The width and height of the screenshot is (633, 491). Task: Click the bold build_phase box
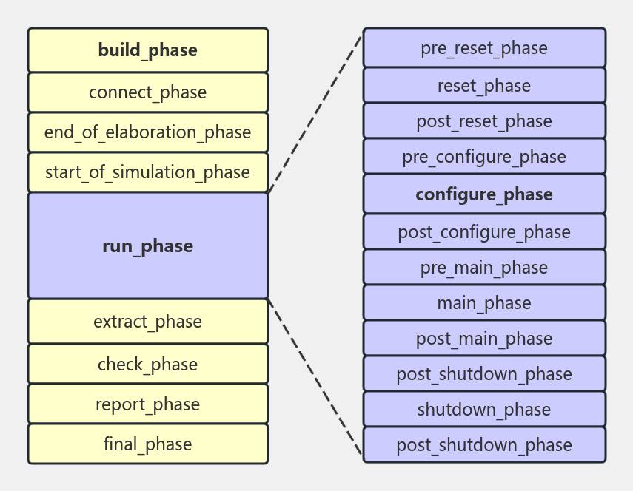click(x=148, y=50)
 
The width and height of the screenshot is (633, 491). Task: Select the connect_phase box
click(x=148, y=92)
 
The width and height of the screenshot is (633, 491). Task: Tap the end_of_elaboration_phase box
click(x=148, y=132)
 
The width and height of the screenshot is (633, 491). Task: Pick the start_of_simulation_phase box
click(x=148, y=172)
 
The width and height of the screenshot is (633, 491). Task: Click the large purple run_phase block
click(x=148, y=246)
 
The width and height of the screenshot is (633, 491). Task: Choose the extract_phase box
click(x=148, y=322)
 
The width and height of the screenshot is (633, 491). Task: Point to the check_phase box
click(x=148, y=364)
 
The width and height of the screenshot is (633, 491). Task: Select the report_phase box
click(x=148, y=404)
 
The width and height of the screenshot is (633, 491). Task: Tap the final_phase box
click(x=148, y=444)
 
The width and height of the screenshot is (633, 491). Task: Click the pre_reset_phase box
click(x=484, y=48)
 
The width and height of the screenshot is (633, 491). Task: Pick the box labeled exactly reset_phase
click(x=484, y=85)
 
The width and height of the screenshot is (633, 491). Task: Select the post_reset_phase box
click(x=484, y=121)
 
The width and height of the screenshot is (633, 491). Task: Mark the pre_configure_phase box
click(x=484, y=156)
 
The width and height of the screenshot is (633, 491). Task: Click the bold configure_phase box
click(x=484, y=194)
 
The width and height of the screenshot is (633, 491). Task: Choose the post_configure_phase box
click(x=484, y=231)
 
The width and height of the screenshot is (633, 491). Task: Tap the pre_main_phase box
click(x=484, y=267)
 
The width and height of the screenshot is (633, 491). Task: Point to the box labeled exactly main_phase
click(x=484, y=302)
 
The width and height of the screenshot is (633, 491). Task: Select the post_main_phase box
click(x=484, y=338)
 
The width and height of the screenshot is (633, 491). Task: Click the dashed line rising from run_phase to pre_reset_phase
click(x=315, y=113)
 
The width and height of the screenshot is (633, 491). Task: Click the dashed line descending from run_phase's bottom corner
click(x=315, y=377)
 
